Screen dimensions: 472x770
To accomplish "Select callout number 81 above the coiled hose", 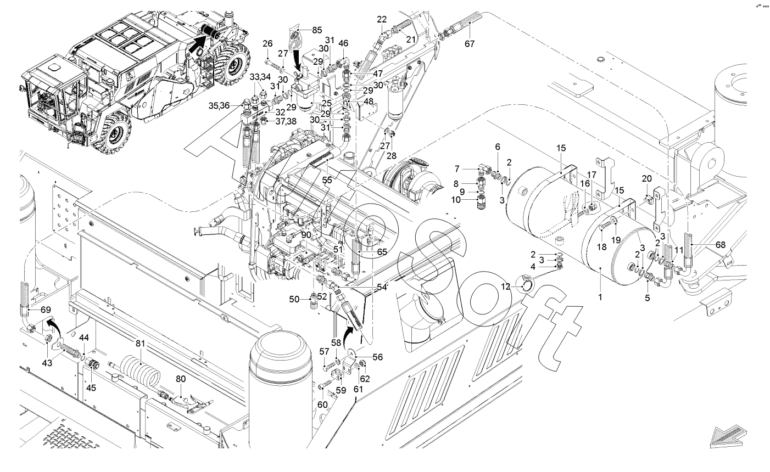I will (141, 344).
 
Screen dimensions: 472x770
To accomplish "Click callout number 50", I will (294, 299).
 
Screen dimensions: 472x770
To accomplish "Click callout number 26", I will (267, 44).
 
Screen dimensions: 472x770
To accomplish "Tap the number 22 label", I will (382, 19).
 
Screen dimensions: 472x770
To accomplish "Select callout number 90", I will (306, 235).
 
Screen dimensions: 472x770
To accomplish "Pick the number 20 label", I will (647, 178).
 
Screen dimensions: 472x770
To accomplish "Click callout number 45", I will (91, 387).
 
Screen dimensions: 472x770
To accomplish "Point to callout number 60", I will (322, 404).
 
